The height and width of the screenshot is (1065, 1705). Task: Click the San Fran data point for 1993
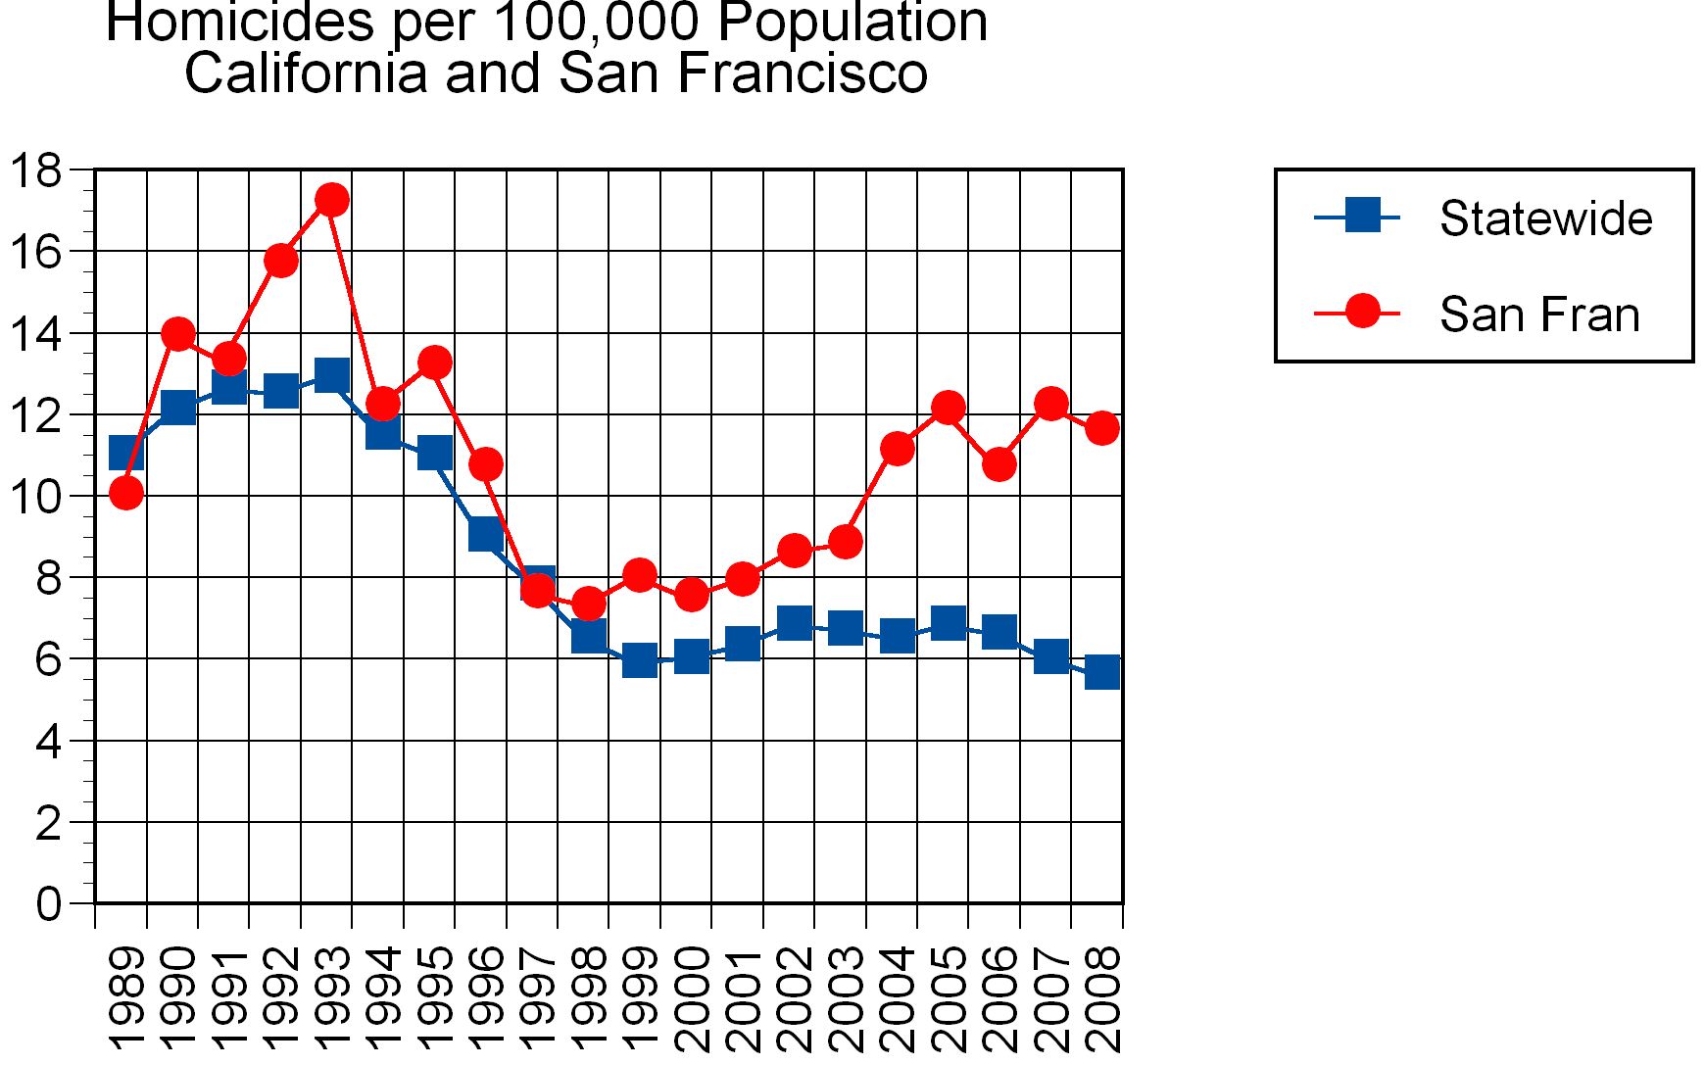(x=332, y=200)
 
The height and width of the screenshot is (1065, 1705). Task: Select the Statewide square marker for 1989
(x=126, y=453)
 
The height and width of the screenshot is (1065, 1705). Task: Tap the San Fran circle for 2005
(x=948, y=408)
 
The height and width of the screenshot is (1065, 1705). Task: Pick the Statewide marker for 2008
(x=1102, y=672)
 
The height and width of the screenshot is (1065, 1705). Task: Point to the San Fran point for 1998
(x=588, y=604)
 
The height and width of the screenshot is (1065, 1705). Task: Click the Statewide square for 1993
(x=332, y=374)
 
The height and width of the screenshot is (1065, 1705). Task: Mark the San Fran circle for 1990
(x=178, y=334)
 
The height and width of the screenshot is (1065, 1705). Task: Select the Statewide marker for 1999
(x=640, y=660)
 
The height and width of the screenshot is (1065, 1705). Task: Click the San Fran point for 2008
(x=1102, y=428)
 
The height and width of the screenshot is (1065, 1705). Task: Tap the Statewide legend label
(x=1545, y=218)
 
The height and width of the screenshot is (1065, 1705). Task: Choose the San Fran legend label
(x=1539, y=315)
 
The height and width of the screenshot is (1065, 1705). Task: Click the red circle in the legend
(x=1362, y=312)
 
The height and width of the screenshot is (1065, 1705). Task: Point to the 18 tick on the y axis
(x=35, y=170)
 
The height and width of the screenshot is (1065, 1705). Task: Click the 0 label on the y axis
(x=48, y=903)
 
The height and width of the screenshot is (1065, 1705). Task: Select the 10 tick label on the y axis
(x=35, y=497)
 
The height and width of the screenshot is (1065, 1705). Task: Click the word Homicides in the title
(x=240, y=22)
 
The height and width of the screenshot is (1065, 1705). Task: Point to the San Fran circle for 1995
(x=435, y=363)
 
